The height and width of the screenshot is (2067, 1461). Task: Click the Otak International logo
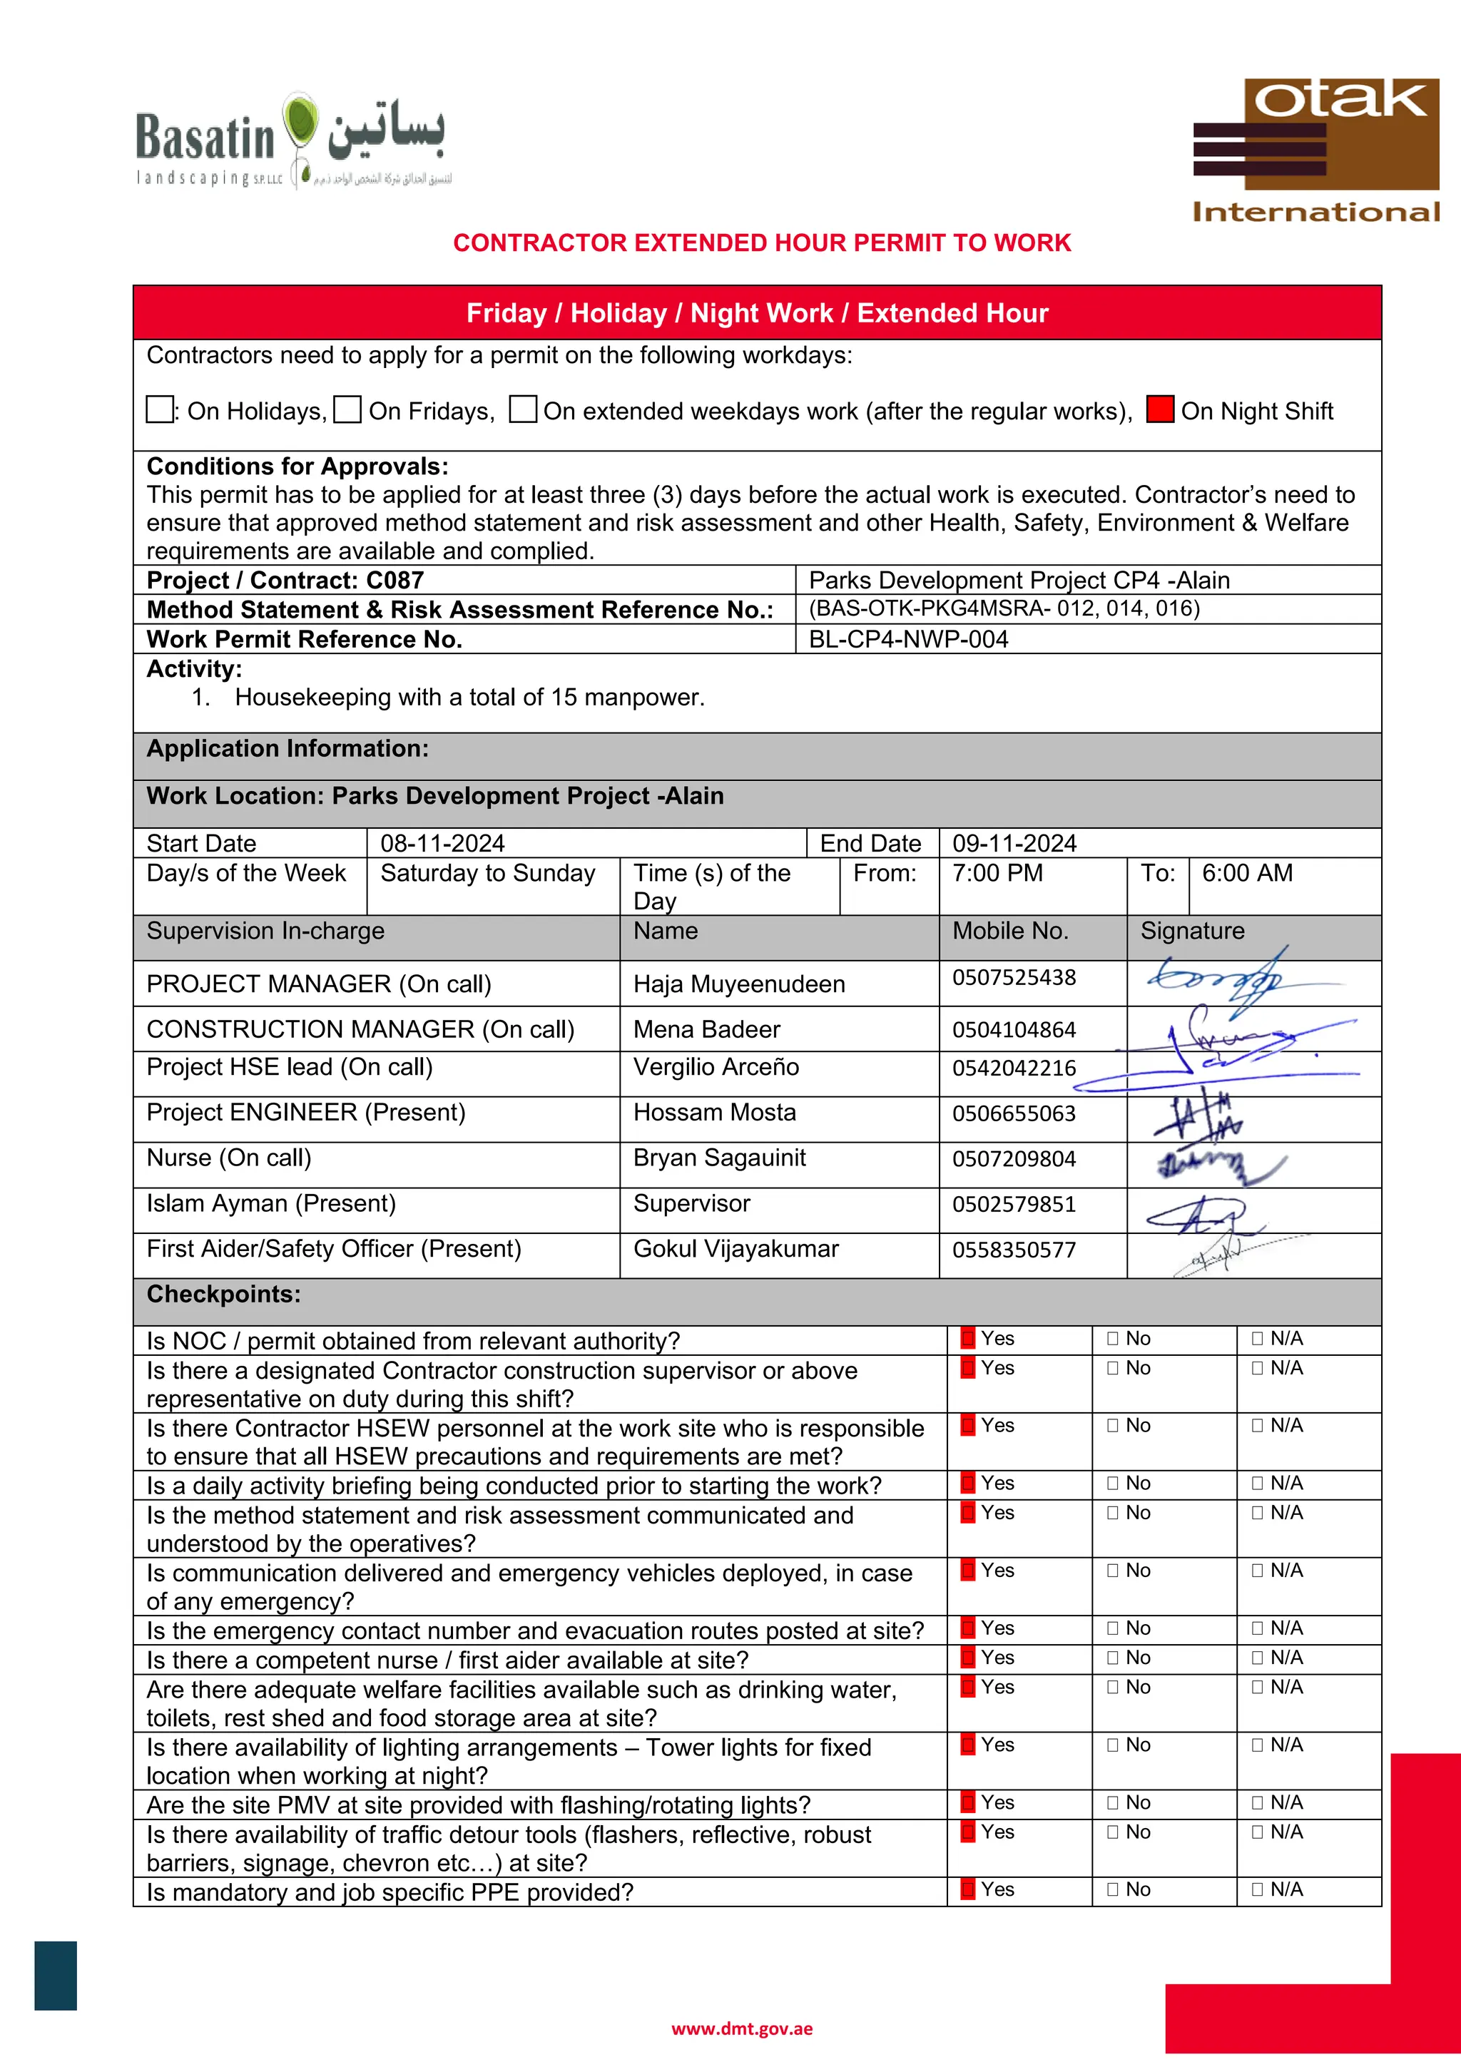tap(1315, 150)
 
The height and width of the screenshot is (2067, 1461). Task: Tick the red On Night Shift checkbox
tap(1159, 409)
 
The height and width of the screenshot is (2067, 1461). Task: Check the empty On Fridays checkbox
tap(347, 409)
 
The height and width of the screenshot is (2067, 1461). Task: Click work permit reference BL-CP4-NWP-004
tap(908, 639)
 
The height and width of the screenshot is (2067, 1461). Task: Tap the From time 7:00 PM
tap(997, 873)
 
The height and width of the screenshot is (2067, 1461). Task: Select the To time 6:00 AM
tap(1247, 873)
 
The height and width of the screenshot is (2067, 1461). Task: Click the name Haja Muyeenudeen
tap(739, 984)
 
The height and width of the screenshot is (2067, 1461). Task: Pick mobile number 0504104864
tap(1014, 1030)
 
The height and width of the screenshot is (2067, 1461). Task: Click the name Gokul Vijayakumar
tap(735, 1249)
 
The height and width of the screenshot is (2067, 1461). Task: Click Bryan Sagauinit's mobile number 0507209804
tap(1014, 1158)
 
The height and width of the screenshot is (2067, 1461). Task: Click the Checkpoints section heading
tap(224, 1295)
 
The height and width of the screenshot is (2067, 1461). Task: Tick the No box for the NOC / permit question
tap(1113, 1339)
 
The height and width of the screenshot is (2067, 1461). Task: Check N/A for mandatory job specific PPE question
tap(1258, 1889)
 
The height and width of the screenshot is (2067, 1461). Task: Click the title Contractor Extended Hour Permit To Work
tap(762, 243)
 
